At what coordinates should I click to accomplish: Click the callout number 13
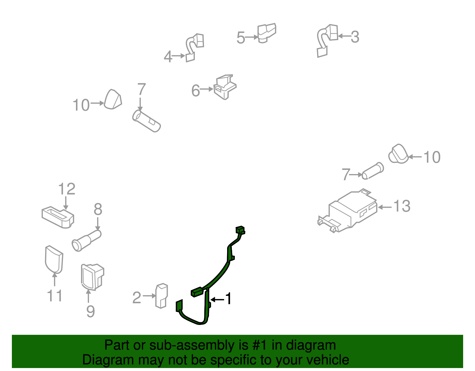coord(402,206)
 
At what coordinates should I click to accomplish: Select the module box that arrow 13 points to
coord(348,211)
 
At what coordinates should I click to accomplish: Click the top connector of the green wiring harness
coord(240,230)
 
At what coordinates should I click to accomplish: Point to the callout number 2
coord(137,298)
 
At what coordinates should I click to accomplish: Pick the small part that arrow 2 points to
coord(161,296)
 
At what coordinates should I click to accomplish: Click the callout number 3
coord(355,37)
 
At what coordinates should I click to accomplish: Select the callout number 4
coord(168,57)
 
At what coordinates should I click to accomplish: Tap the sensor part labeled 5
coord(267,33)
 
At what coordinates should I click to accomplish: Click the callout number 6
coord(196,91)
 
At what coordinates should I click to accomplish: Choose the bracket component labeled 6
coord(225,87)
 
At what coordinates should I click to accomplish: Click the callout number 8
coord(98,209)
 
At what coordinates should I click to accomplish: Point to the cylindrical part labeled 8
coord(87,241)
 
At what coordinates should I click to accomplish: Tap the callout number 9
coord(91,311)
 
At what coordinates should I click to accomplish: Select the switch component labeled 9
coord(92,277)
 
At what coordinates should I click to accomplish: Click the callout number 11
coord(55,296)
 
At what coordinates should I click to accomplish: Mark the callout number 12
coord(67,189)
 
